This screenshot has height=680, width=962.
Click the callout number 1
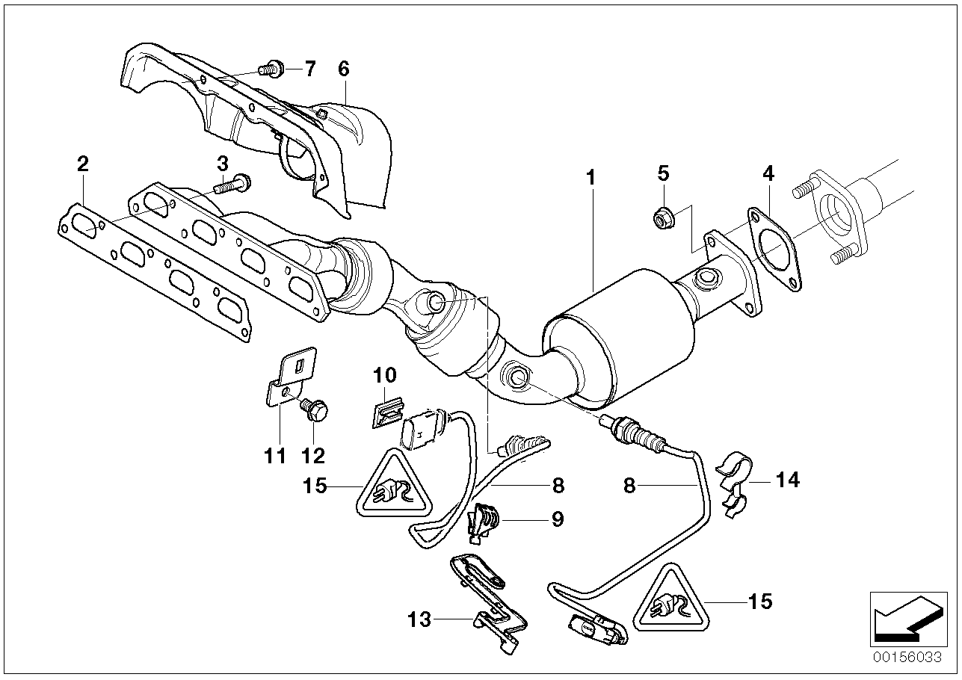[x=591, y=177]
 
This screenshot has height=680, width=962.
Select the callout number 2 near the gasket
[x=83, y=164]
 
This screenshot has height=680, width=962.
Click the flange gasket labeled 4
[x=774, y=250]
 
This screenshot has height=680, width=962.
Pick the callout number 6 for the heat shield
[x=344, y=69]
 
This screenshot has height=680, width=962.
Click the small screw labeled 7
[x=271, y=69]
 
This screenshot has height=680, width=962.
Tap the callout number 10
[x=384, y=375]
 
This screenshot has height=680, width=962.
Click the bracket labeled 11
[x=290, y=377]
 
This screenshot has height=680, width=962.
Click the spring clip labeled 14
[x=734, y=485]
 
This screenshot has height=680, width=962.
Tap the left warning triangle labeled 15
[x=393, y=482]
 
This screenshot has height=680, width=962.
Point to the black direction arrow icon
[x=908, y=619]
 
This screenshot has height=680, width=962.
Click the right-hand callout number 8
[x=629, y=486]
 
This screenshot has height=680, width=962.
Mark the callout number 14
[x=788, y=480]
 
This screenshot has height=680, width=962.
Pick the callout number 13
[x=419, y=619]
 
